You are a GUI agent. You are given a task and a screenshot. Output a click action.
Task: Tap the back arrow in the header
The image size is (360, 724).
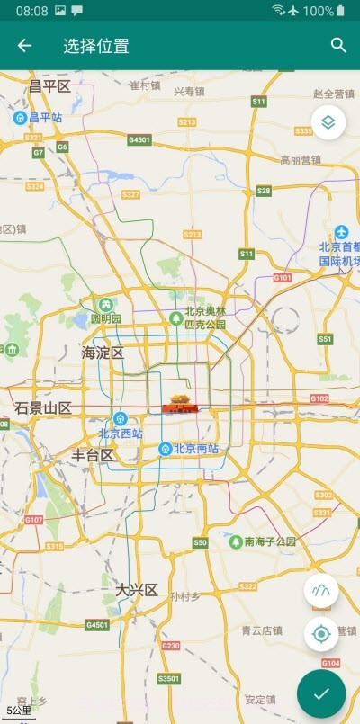click(x=24, y=46)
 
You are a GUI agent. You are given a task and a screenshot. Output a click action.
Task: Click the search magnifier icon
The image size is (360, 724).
click(x=338, y=46)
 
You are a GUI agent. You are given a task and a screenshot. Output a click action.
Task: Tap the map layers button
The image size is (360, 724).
click(x=328, y=122)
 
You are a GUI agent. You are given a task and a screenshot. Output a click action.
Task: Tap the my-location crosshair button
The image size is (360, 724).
click(x=321, y=635)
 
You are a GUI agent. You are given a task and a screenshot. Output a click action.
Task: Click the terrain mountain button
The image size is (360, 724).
click(x=321, y=591)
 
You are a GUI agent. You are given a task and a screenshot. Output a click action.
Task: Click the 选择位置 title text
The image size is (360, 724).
click(x=96, y=46)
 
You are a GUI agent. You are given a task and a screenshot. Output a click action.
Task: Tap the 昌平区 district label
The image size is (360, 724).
click(x=49, y=86)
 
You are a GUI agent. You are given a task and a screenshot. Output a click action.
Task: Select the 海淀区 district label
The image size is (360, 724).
click(x=103, y=353)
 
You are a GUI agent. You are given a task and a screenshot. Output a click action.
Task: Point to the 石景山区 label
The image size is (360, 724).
click(x=42, y=408)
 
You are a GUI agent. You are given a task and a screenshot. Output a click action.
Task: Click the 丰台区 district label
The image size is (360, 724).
click(x=93, y=455)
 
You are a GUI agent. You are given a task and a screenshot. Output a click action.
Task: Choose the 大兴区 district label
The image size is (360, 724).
click(x=137, y=590)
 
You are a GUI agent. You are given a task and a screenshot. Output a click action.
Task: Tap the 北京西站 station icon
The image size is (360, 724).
click(x=120, y=418)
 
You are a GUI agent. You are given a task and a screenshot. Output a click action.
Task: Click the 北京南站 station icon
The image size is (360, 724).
click(x=165, y=449)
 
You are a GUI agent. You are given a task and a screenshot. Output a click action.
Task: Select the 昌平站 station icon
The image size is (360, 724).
click(x=19, y=117)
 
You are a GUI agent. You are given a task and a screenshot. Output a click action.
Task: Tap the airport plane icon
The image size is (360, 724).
click(x=341, y=232)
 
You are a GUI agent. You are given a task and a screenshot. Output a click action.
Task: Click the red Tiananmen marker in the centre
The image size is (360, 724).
click(x=180, y=407)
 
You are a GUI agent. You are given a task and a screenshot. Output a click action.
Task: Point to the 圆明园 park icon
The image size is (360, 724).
click(x=107, y=304)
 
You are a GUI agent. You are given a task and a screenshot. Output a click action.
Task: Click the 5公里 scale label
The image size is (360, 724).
click(x=18, y=711)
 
